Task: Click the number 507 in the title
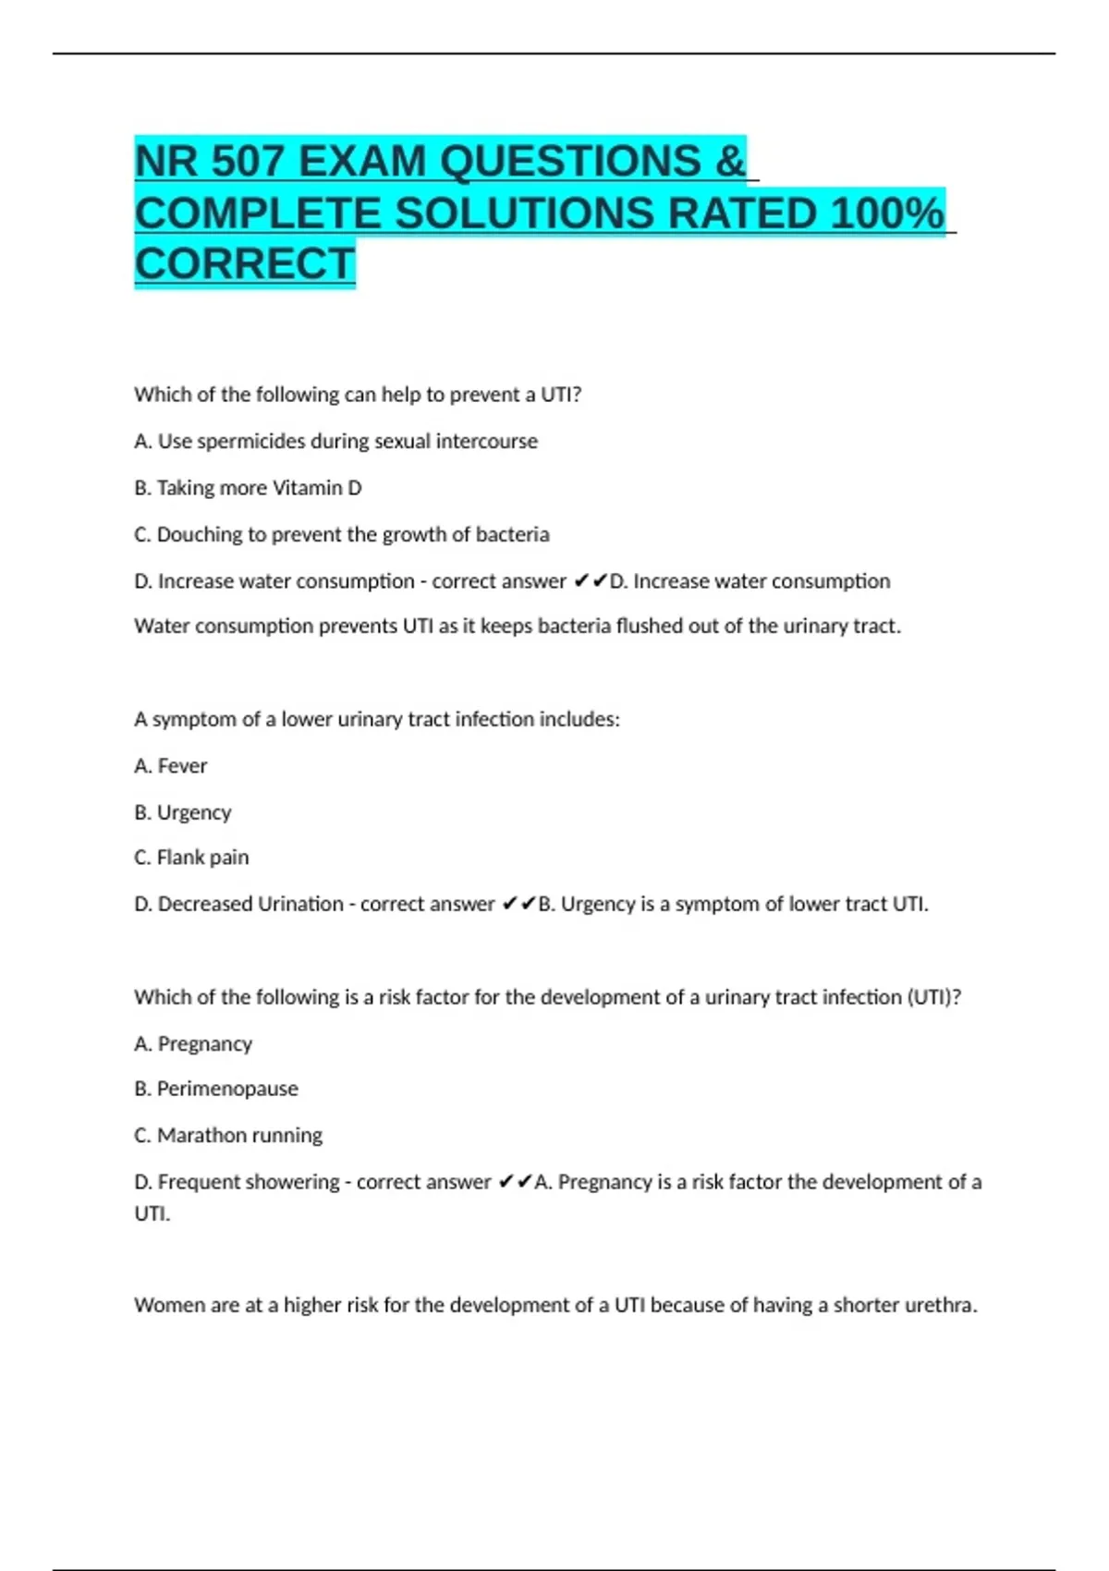coord(247,162)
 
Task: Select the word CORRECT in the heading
coord(245,264)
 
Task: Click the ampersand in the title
coord(729,162)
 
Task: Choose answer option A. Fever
coord(171,766)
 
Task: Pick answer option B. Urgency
coord(183,812)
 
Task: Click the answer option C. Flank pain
coord(191,858)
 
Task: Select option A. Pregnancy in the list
coord(193,1044)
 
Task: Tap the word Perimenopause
coord(227,1089)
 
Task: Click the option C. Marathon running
coord(228,1135)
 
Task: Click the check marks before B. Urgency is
coord(518,904)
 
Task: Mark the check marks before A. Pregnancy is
coord(515,1182)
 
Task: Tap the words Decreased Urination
coord(250,904)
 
